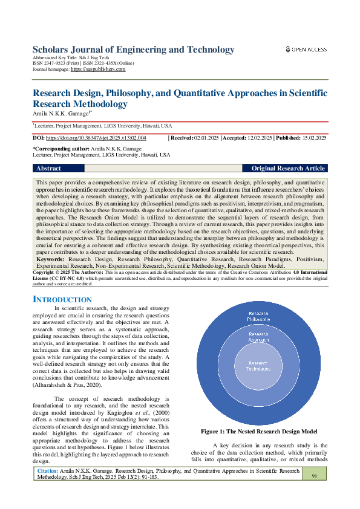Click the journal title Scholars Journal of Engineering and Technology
[x=133, y=50]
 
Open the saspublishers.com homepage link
[x=98, y=70]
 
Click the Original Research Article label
[x=288, y=168]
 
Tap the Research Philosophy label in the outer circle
[x=258, y=317]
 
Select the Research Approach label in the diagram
[x=258, y=337]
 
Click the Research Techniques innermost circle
[x=258, y=366]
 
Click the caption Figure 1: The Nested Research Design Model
[x=259, y=432]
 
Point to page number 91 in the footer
[x=315, y=476]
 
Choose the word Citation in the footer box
[x=48, y=470]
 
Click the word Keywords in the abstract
[x=51, y=258]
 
